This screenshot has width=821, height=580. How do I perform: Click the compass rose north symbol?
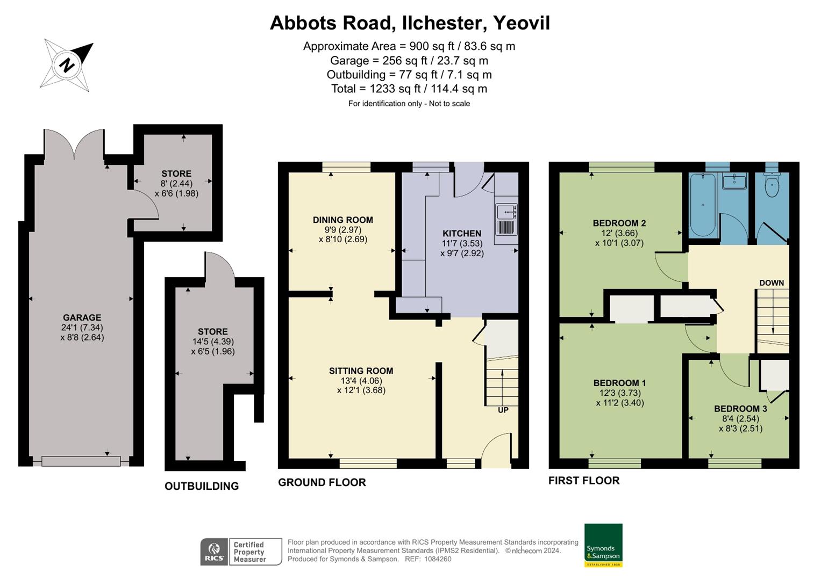[67, 65]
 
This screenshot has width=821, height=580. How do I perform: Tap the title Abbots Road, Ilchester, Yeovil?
[410, 23]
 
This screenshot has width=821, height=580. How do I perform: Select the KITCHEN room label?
[461, 234]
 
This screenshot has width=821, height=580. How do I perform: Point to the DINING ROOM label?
[342, 220]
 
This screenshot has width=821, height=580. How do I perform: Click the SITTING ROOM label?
[361, 371]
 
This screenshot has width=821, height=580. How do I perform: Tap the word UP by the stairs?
[503, 410]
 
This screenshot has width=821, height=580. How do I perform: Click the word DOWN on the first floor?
[772, 283]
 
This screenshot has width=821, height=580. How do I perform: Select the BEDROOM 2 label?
[619, 223]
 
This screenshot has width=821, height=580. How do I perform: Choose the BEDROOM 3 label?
[740, 409]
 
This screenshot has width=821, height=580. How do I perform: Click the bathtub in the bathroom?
[703, 205]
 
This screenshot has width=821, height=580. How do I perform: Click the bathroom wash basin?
[734, 182]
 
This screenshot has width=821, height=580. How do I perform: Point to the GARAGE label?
[82, 317]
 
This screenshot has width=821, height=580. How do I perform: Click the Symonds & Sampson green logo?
[603, 545]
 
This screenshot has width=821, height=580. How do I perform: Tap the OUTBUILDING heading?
[202, 486]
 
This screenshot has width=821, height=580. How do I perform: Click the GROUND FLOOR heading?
[322, 482]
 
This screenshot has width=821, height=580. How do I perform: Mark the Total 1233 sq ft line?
[409, 89]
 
